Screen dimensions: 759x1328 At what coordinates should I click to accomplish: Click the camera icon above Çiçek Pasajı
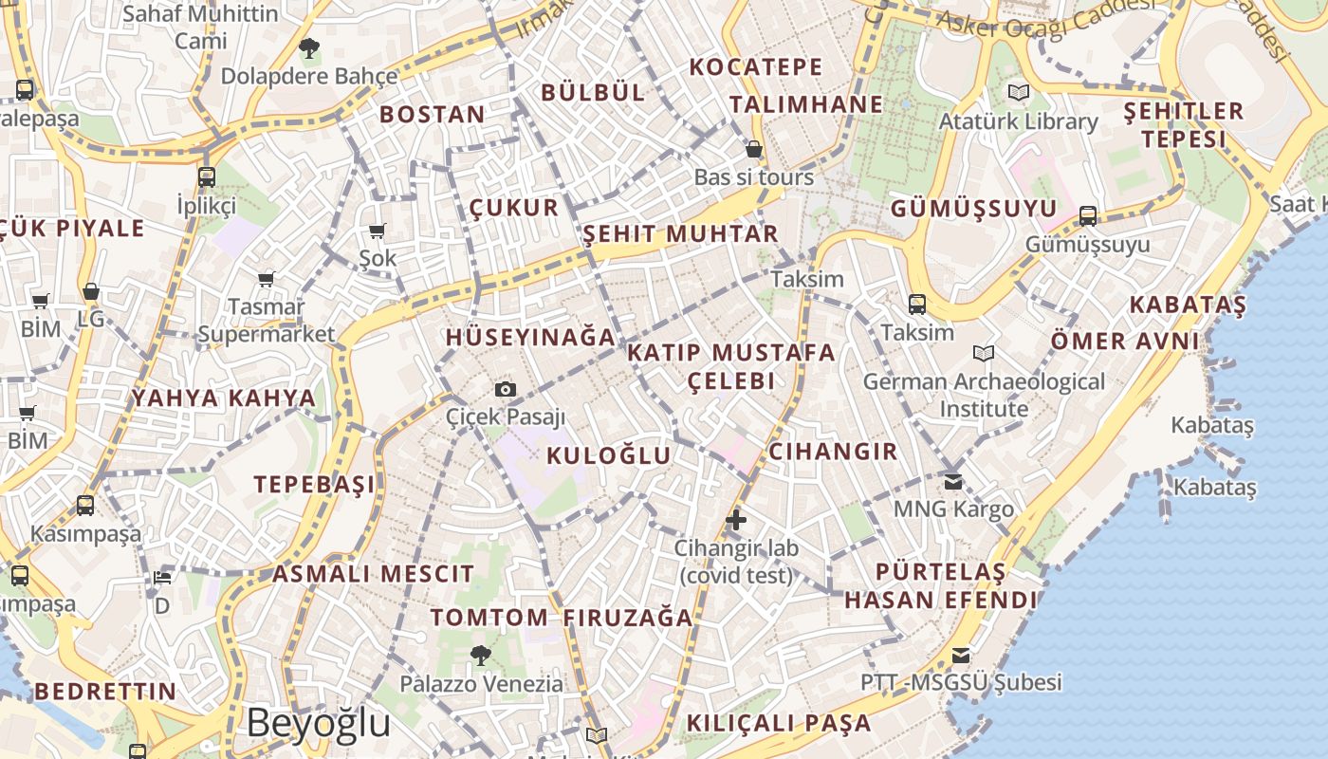coord(506,389)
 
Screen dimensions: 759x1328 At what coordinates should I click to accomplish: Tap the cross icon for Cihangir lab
coord(735,520)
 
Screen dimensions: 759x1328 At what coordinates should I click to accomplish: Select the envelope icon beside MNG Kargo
coord(953,482)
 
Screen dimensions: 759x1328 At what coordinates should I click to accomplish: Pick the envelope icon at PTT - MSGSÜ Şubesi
coord(961,656)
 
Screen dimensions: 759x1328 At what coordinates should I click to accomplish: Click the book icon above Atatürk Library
coord(1018,93)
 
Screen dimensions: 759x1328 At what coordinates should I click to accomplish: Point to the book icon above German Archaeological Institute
coord(984,354)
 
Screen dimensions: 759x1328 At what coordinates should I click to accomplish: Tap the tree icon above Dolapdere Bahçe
coord(308,47)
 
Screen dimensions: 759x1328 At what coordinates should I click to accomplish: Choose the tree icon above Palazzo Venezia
coord(480,655)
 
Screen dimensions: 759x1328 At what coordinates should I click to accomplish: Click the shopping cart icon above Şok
coord(378,231)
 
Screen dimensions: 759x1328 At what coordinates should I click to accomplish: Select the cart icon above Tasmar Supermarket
coord(267,279)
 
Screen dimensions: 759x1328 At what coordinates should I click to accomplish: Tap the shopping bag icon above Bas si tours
coord(754,150)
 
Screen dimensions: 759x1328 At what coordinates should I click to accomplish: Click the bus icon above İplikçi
coord(206,176)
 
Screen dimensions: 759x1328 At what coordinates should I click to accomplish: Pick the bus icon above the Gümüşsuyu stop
coord(1088,216)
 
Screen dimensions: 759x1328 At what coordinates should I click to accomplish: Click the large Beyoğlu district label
coord(319,723)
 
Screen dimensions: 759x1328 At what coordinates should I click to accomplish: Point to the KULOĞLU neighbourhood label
coord(608,455)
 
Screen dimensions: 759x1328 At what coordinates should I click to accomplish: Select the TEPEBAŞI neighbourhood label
coord(314,485)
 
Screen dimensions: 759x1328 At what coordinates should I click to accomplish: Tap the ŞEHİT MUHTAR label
coord(680,233)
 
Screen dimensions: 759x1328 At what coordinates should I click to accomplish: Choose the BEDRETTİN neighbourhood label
coord(106,691)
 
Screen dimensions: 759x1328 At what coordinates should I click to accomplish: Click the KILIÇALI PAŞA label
coord(778,723)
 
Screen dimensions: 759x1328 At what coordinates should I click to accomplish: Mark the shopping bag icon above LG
coord(91,292)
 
